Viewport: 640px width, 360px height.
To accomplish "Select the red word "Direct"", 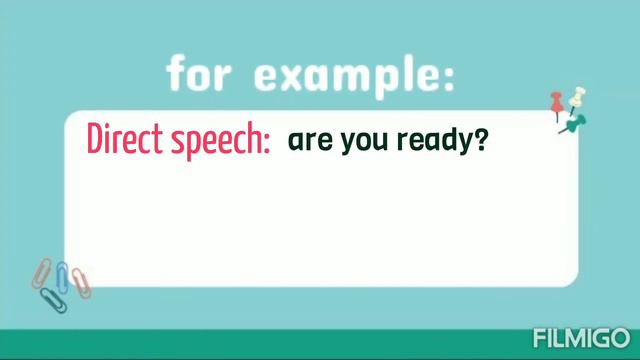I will (124, 140).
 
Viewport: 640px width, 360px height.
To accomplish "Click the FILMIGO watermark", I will (581, 337).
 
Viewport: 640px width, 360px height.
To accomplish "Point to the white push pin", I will (576, 99).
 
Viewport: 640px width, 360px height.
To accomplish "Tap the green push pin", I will (575, 124).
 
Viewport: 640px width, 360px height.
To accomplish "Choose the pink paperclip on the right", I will (80, 281).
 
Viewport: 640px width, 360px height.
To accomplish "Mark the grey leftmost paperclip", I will (43, 271).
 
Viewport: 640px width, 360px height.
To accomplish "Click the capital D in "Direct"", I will (97, 139).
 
